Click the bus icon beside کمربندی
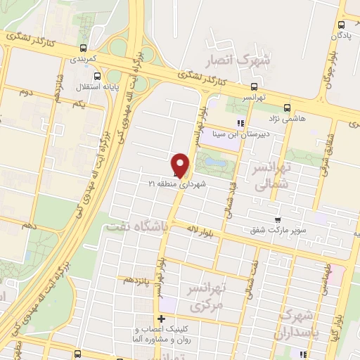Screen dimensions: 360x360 (x=84, y=49)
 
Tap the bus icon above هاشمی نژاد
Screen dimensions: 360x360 (x=286, y=108)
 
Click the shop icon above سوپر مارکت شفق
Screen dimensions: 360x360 (x=278, y=219)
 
